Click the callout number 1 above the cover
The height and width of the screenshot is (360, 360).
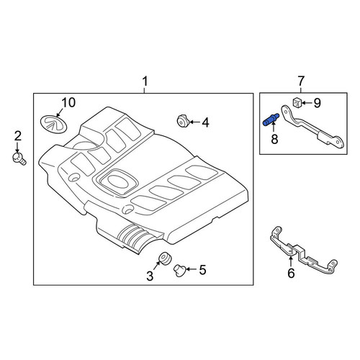tap(145, 81)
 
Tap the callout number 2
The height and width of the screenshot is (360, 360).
tap(18, 136)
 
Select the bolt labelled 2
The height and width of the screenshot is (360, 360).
tap(19, 159)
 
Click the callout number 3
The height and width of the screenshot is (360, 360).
tap(150, 276)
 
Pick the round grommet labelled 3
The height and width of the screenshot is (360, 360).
tap(165, 258)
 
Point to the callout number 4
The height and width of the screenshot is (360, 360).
tap(205, 122)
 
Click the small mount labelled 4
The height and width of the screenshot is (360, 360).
tap(183, 121)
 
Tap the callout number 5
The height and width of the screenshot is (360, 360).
tap(203, 270)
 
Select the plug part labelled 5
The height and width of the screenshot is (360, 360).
tap(180, 270)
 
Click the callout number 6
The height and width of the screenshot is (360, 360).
tap(291, 273)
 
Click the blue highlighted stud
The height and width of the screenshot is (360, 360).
tap(271, 120)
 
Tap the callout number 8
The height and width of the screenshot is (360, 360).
tap(274, 139)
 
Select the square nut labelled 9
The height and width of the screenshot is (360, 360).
tap(297, 102)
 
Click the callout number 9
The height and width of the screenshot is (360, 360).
tap(318, 103)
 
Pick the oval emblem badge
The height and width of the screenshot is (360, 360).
tap(53, 124)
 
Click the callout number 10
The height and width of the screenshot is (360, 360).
tap(68, 102)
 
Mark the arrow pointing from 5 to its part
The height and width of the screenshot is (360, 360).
tap(192, 269)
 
